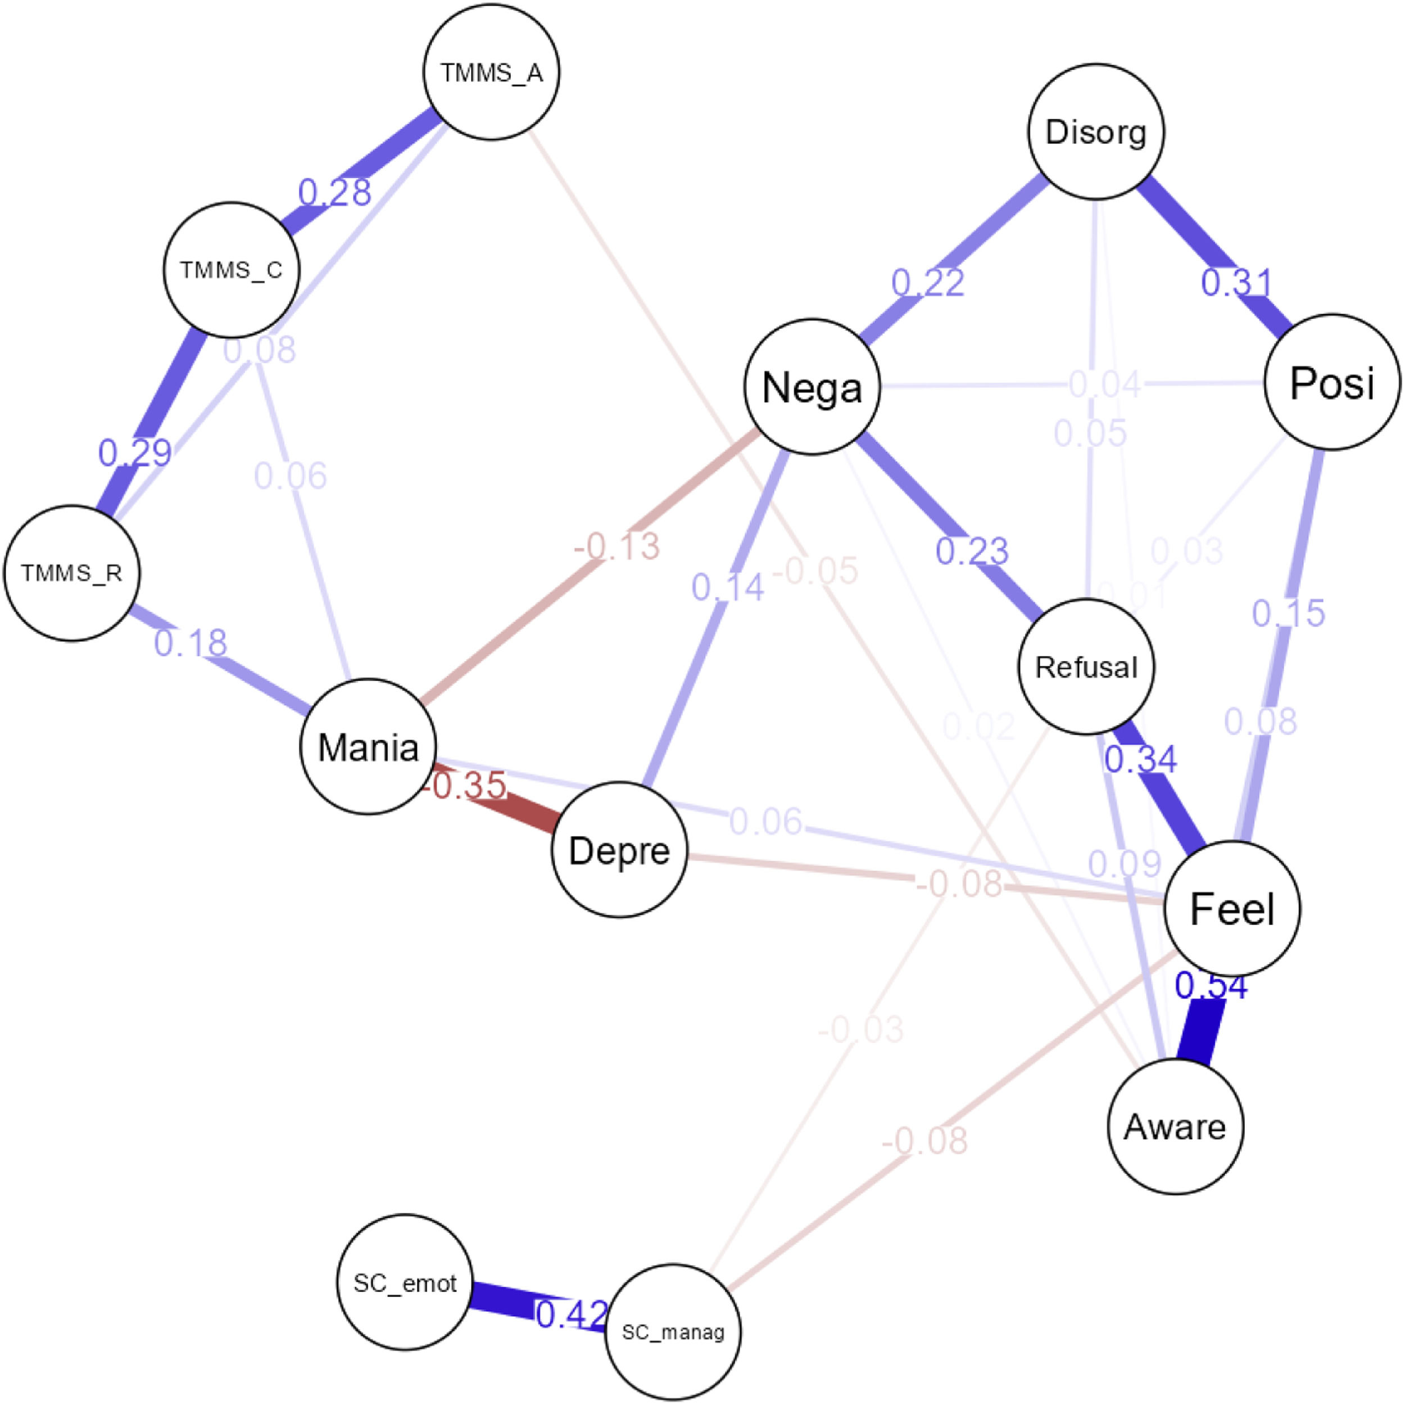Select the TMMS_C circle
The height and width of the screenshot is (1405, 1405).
point(231,270)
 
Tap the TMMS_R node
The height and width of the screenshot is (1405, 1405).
point(71,573)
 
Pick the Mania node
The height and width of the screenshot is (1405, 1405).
point(368,746)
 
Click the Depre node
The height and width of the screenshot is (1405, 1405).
point(619,849)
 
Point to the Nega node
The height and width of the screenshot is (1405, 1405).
point(812,386)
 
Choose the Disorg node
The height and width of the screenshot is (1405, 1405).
point(1096,132)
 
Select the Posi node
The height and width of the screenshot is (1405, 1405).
point(1333,382)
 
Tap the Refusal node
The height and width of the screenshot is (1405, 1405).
point(1086,666)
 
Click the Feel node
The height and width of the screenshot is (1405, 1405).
point(1232,908)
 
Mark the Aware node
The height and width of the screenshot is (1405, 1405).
point(1175,1126)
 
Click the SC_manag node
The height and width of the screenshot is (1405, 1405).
point(673,1333)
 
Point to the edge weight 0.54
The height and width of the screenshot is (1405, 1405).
point(1211,986)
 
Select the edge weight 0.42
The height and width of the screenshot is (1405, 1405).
point(572,1313)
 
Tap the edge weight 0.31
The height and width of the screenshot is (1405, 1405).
point(1236,282)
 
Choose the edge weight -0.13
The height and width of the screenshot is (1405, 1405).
point(617,545)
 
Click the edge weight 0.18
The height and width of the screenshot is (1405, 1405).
point(191,643)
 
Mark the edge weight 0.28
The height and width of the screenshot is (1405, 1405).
point(334,192)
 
